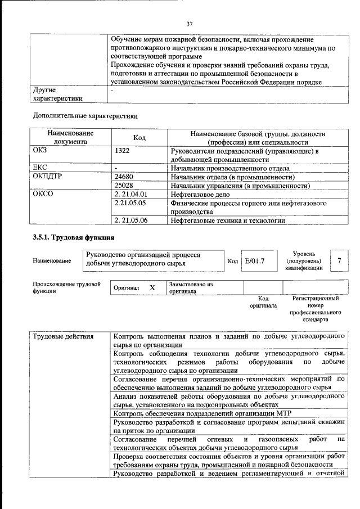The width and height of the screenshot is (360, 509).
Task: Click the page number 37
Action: [x=190, y=24]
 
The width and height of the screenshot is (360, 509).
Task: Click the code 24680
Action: [x=124, y=176]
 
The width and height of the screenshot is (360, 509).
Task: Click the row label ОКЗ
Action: [x=41, y=151]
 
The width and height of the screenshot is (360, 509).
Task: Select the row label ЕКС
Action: [x=40, y=168]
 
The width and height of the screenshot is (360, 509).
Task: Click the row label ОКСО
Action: [x=43, y=194]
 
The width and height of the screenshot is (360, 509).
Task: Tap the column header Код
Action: [x=140, y=138]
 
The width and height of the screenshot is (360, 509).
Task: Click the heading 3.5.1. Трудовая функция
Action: [x=74, y=237]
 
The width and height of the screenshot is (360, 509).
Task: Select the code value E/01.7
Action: [x=255, y=260]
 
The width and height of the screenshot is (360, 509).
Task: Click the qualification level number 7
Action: [x=339, y=260]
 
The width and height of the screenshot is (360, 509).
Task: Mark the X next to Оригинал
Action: [x=152, y=287]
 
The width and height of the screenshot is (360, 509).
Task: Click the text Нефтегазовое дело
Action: [x=202, y=194]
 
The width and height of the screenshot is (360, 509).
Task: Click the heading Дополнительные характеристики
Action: [x=85, y=116]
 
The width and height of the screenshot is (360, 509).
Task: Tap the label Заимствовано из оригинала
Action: [x=191, y=288]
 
